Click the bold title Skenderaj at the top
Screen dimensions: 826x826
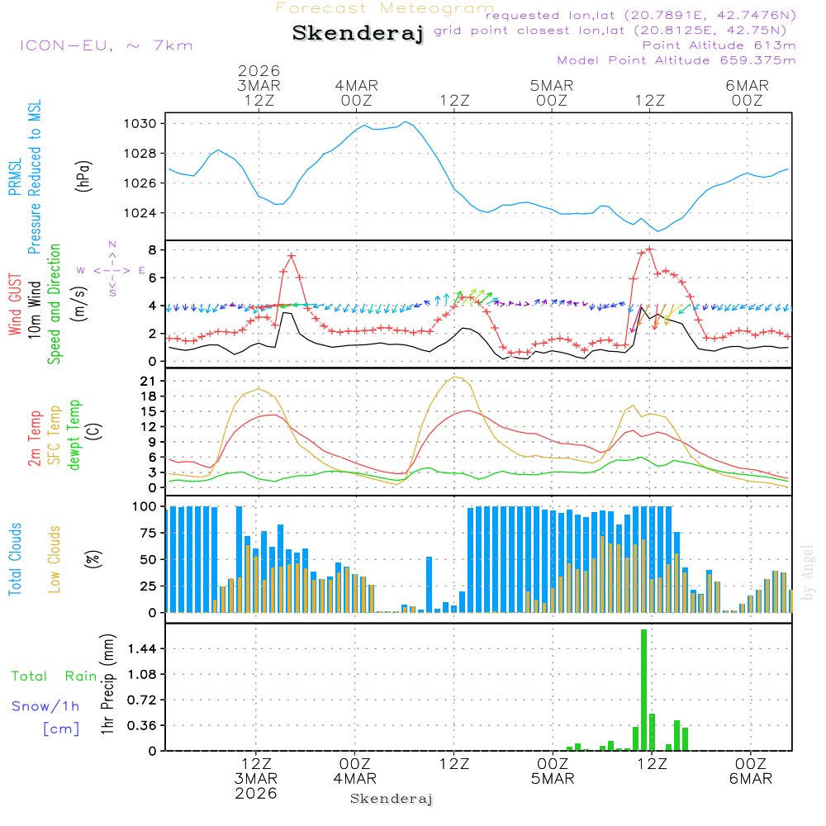click(x=358, y=34)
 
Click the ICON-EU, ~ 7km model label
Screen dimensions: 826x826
click(x=106, y=45)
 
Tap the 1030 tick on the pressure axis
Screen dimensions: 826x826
click(x=140, y=124)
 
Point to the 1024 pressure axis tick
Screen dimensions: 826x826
click(x=140, y=213)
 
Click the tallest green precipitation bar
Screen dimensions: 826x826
click(x=643, y=690)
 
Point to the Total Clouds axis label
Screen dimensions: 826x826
click(x=16, y=559)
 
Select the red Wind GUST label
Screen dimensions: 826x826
click(x=16, y=305)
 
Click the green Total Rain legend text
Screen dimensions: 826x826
click(x=54, y=676)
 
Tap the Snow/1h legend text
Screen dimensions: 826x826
click(x=45, y=706)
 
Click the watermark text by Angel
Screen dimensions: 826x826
click(x=808, y=572)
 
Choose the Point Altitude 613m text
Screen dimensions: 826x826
click(x=719, y=45)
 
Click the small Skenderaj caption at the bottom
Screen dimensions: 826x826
click(x=392, y=799)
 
